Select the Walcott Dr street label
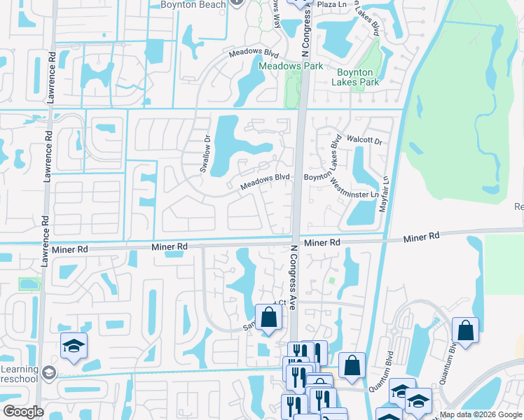[368, 141]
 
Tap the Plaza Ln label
[333, 4]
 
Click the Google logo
[23, 412]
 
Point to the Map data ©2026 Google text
[481, 414]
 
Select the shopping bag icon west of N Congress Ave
[268, 318]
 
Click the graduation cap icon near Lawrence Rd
[74, 346]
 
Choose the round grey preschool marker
[48, 372]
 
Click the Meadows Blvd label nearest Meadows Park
[252, 53]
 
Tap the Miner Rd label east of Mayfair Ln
[422, 237]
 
